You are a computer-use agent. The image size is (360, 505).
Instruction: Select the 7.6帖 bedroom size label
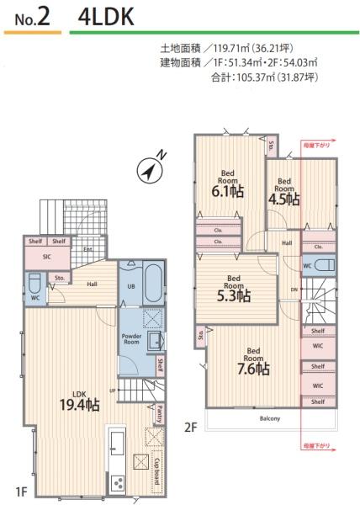click(x=253, y=368)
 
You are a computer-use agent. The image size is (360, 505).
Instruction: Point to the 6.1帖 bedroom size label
click(x=227, y=191)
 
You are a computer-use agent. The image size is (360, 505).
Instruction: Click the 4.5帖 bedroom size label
click(x=283, y=199)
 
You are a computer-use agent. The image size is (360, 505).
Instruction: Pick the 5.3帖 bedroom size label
click(x=233, y=295)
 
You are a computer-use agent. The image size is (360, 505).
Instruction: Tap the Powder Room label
click(x=131, y=338)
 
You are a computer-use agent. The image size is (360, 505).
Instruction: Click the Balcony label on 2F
click(x=269, y=418)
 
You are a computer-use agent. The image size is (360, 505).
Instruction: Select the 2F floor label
click(x=190, y=428)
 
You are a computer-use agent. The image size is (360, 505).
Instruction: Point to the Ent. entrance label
click(x=87, y=249)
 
